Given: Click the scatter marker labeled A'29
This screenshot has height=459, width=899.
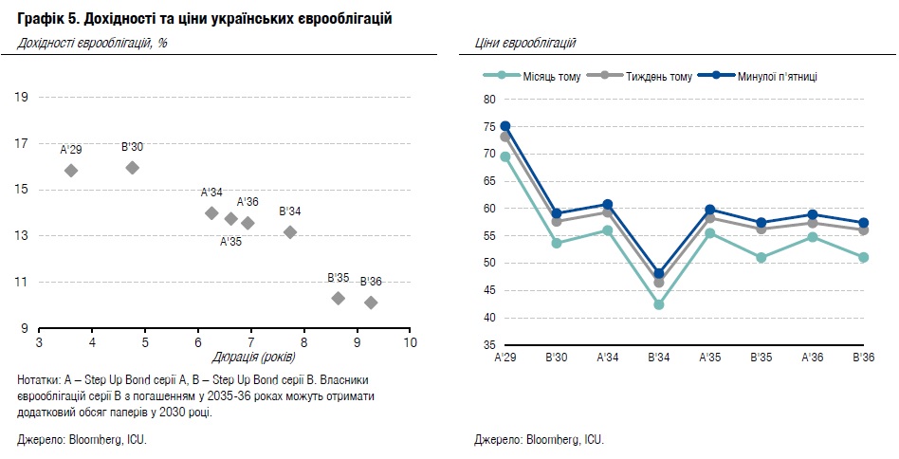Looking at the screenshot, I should coord(71,170).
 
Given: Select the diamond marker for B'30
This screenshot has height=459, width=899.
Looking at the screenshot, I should coord(133,168).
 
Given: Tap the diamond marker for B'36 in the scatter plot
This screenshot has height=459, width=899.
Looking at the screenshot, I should coord(371,303).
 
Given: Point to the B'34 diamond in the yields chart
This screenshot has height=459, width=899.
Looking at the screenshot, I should coord(290,232).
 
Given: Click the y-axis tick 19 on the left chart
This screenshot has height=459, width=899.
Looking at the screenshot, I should coord(21,97).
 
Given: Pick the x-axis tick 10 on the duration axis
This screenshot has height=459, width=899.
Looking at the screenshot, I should coord(410,341).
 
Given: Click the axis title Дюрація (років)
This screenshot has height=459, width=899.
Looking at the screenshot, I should coord(253,357).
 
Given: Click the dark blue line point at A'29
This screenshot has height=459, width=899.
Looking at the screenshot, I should coord(505,126).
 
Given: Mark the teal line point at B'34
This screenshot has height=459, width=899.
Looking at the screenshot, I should coord(659,304).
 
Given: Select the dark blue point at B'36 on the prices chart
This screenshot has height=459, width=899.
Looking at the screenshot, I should coord(863,223).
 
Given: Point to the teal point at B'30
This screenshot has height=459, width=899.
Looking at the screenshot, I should coord(557,244).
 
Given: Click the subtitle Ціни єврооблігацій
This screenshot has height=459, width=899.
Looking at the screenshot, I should coord(524,43).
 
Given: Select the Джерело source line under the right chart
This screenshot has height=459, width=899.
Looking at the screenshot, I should coord(539,440).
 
